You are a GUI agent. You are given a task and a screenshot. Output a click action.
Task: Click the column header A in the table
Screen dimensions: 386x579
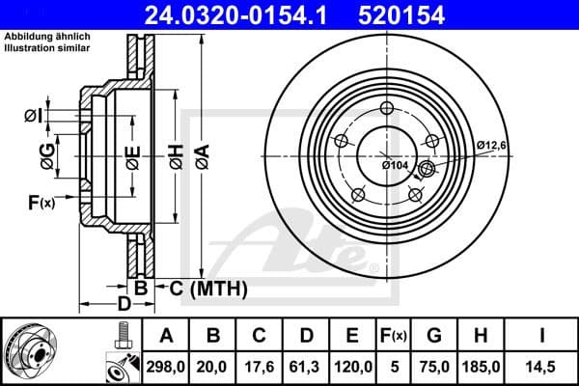pos(166,335)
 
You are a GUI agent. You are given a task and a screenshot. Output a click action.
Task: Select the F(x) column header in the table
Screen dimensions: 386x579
pos(395,335)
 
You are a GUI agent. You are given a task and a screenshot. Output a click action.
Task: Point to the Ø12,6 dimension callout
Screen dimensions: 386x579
pos(491,146)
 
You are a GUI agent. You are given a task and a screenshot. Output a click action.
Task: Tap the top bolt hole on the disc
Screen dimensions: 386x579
pos(387,108)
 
